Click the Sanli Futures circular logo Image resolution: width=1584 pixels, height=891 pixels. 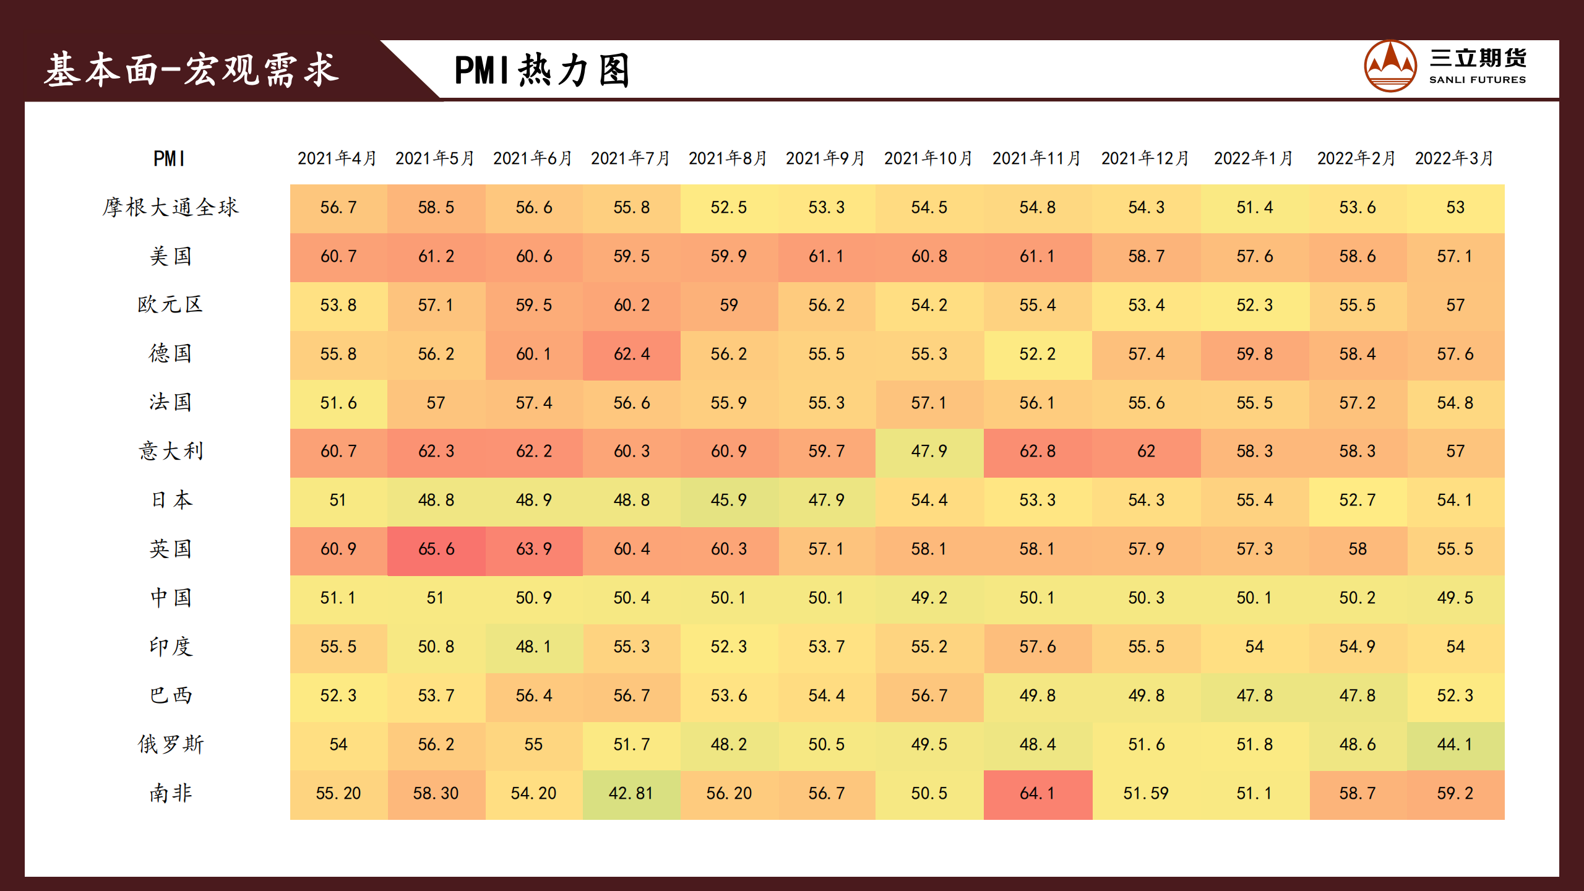1390,66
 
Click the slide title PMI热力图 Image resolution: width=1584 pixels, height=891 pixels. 542,70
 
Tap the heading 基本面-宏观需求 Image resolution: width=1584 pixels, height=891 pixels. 191,69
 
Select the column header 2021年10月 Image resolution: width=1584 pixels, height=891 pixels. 928,158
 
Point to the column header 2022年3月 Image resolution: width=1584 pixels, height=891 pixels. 1454,158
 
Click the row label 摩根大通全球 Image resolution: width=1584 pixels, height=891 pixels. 170,207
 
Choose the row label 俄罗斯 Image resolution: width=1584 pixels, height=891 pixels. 170,744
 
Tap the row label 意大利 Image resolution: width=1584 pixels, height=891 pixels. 170,451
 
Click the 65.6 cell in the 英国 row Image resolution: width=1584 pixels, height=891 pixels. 436,549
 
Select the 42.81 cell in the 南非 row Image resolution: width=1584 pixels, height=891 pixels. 631,793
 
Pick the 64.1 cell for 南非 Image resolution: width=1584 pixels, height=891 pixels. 1038,793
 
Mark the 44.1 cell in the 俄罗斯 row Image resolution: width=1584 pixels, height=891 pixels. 1455,744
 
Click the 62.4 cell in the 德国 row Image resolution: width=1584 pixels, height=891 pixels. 631,354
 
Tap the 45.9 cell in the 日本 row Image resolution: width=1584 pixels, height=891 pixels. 729,500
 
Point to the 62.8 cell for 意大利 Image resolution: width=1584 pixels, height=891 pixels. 1038,451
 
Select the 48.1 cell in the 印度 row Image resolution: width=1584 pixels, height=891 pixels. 533,647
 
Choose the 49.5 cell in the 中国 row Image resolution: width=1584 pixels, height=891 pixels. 1455,598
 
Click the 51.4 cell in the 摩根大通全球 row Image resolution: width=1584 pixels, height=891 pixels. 1255,207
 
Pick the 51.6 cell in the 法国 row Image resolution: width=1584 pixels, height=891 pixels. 338,403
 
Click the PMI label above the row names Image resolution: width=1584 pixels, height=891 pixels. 169,159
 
